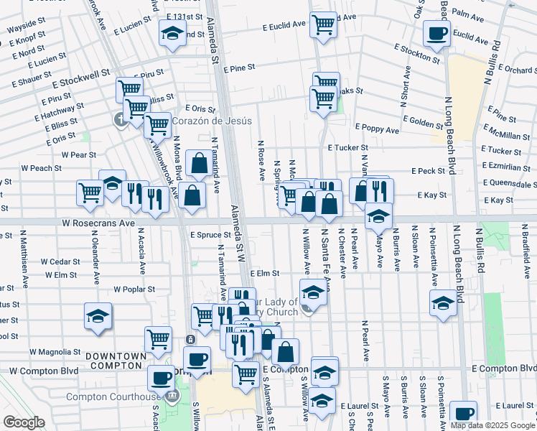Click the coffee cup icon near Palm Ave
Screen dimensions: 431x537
pos(437,32)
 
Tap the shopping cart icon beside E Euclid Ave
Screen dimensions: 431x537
pos(324,24)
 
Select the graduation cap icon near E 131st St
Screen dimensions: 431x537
pos(172,33)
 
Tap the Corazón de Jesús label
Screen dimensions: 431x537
pos(212,121)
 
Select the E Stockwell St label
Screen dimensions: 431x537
pos(80,73)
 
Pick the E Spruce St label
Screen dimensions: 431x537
pos(210,234)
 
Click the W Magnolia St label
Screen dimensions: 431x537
pos(55,352)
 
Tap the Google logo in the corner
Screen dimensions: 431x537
pos(24,422)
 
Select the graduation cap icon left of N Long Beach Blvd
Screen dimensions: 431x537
pos(443,303)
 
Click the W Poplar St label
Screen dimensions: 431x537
pos(134,289)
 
